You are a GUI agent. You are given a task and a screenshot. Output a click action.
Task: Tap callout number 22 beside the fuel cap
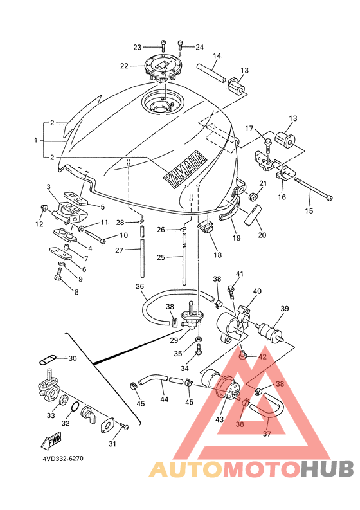tap(124, 66)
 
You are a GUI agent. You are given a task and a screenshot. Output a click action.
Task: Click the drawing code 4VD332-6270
tap(63, 459)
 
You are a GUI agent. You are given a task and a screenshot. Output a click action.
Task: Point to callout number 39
tap(284, 309)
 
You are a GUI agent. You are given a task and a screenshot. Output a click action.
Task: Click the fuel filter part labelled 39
tap(269, 332)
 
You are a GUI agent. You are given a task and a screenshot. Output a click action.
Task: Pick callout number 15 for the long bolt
tap(309, 211)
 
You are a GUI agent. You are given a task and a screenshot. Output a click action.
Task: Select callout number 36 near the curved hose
tap(140, 287)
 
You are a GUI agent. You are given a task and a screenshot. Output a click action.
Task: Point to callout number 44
tap(165, 399)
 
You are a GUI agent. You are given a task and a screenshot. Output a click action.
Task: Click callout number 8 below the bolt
tap(76, 292)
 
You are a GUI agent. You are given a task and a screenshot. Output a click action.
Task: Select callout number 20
tap(262, 235)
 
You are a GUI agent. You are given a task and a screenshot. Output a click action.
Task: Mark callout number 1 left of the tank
tap(36, 140)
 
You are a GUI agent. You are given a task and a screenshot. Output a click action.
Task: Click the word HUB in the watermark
tap(327, 469)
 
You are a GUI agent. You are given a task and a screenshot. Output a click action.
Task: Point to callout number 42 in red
tap(262, 357)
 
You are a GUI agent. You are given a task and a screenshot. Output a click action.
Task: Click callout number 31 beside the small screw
tap(113, 444)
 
